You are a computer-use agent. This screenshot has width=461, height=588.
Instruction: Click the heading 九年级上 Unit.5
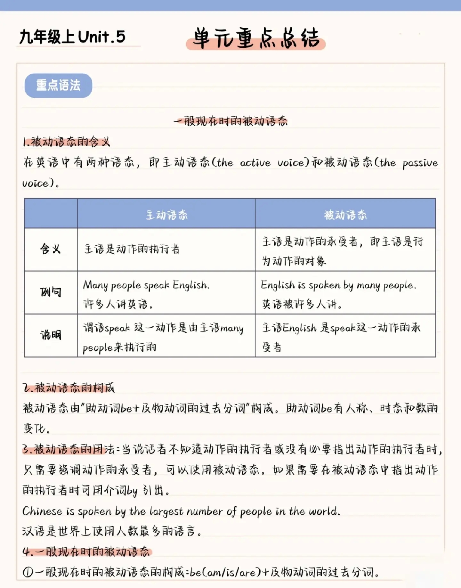(72, 37)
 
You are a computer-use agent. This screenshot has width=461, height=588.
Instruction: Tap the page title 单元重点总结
(256, 38)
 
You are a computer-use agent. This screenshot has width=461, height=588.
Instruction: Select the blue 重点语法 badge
(58, 86)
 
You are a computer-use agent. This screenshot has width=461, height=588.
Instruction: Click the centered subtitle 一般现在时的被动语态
(230, 121)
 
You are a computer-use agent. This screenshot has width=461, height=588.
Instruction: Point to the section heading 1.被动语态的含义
(66, 142)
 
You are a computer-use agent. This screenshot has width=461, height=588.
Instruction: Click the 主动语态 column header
(166, 215)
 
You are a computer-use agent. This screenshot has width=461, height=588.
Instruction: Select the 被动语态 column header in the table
(345, 215)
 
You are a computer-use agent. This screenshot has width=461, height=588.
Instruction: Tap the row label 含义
(51, 249)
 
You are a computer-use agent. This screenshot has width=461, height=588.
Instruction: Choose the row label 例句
(51, 292)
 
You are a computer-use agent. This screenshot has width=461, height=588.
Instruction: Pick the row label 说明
(51, 335)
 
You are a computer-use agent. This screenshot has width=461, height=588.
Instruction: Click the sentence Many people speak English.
(146, 285)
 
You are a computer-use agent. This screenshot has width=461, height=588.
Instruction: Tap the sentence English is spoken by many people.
(339, 285)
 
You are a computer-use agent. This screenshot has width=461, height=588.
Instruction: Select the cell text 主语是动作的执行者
(132, 249)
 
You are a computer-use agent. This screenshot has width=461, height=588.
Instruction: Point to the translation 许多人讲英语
(118, 304)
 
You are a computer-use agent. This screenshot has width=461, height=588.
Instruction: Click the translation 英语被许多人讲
(302, 304)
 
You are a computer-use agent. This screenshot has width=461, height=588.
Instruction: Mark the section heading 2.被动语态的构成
(69, 388)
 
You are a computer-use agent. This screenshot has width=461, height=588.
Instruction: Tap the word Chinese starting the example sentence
(42, 511)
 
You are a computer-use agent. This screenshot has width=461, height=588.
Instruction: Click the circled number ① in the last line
(28, 572)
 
